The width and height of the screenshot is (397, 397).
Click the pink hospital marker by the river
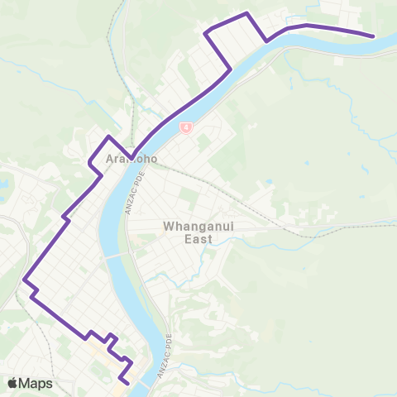187,127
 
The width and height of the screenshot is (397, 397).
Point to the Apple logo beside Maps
12,383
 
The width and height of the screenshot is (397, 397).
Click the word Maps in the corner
36,383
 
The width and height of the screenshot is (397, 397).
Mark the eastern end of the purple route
374,36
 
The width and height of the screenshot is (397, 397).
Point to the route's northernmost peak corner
246,13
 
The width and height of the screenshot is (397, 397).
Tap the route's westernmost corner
26,278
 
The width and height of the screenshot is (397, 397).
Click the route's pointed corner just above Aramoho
108,136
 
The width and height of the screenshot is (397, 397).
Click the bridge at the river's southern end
146,383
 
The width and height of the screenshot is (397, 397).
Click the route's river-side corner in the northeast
266,41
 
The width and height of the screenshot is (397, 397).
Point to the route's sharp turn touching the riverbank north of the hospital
229,69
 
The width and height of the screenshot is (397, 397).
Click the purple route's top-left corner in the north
206,32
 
